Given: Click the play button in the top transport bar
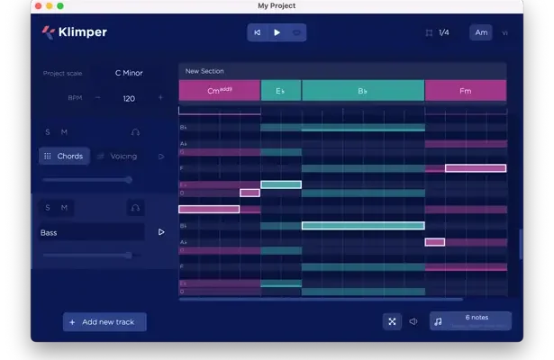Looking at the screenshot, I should (x=277, y=32).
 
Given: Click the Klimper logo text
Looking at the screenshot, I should (x=84, y=32).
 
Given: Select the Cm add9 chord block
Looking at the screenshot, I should (x=220, y=91).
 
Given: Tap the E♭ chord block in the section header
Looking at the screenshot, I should (x=281, y=91).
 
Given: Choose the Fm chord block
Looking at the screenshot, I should (x=465, y=91).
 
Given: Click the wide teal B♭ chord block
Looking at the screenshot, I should (x=363, y=91).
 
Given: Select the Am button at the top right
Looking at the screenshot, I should (x=481, y=32).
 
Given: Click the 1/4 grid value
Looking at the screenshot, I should (x=443, y=32).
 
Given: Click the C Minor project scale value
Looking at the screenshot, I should (x=129, y=73).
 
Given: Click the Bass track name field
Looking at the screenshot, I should (x=91, y=232).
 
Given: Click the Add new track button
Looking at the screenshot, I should (x=104, y=321).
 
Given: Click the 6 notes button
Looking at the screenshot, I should (x=471, y=320).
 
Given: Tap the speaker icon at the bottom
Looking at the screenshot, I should (x=413, y=321).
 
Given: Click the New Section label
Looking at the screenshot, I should (x=204, y=71).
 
